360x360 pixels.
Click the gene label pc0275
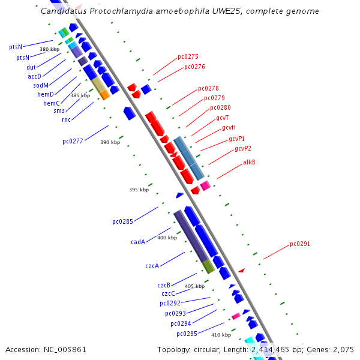pos(188,57)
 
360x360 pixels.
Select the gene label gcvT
pos(222,118)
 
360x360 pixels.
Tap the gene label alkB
pos(249,162)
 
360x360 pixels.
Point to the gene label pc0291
pos(300,244)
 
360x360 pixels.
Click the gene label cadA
pos(138,242)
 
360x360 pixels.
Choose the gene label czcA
pos(152,266)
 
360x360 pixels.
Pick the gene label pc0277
pos(73,142)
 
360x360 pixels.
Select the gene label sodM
pos(41,85)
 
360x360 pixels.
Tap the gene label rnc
pos(66,119)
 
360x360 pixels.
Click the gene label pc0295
pos(187,334)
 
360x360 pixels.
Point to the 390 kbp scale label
pos(110,142)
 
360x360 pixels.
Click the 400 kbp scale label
pos(167,238)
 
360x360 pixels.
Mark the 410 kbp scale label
pos(221,335)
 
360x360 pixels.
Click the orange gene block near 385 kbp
pos(105,95)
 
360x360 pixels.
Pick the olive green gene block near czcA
pos(208,266)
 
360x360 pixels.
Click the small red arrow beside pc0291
pos(241,271)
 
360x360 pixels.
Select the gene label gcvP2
pos(243,149)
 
